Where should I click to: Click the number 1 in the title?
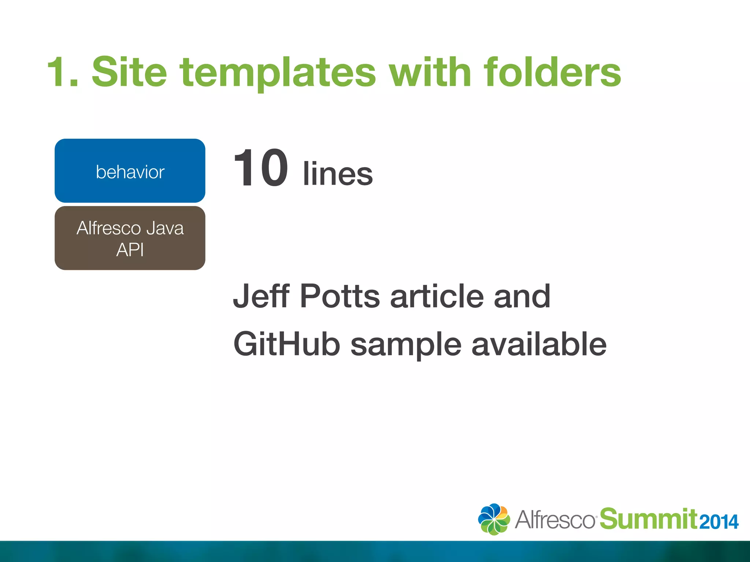tap(59, 72)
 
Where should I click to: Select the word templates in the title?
tap(278, 73)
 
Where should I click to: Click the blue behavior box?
tap(130, 171)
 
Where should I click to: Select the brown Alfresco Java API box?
tap(130, 238)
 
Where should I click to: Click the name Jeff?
tap(261, 296)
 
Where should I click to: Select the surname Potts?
tap(340, 296)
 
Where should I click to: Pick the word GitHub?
tap(287, 344)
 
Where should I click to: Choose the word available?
tap(539, 344)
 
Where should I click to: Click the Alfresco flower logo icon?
tap(494, 519)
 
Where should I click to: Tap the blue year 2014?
tap(719, 522)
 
